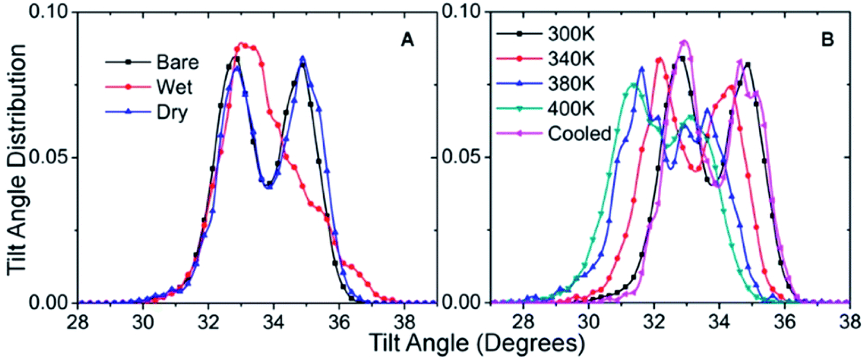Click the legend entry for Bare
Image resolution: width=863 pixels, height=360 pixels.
click(x=177, y=62)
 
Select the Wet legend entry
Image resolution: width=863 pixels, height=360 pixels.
click(x=174, y=87)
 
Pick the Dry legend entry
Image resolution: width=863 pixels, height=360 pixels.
click(x=171, y=112)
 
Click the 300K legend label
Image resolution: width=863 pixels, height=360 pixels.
click(x=571, y=34)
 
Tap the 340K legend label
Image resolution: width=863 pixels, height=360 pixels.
click(x=571, y=59)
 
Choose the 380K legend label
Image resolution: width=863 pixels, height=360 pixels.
click(x=571, y=84)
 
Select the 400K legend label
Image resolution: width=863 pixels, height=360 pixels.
click(x=571, y=108)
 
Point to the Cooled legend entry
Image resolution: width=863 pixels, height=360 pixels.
click(x=579, y=134)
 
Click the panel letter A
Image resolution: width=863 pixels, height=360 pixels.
click(x=407, y=40)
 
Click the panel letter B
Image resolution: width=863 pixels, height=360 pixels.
click(x=827, y=40)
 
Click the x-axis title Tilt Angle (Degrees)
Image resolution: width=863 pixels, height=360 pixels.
click(x=476, y=343)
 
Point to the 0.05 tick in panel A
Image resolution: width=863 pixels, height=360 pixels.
click(x=47, y=158)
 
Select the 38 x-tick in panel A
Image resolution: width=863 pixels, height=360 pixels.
click(x=405, y=323)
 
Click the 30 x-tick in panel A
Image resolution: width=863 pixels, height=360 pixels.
click(x=143, y=323)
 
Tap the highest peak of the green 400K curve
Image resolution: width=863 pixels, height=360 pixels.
click(x=633, y=85)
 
